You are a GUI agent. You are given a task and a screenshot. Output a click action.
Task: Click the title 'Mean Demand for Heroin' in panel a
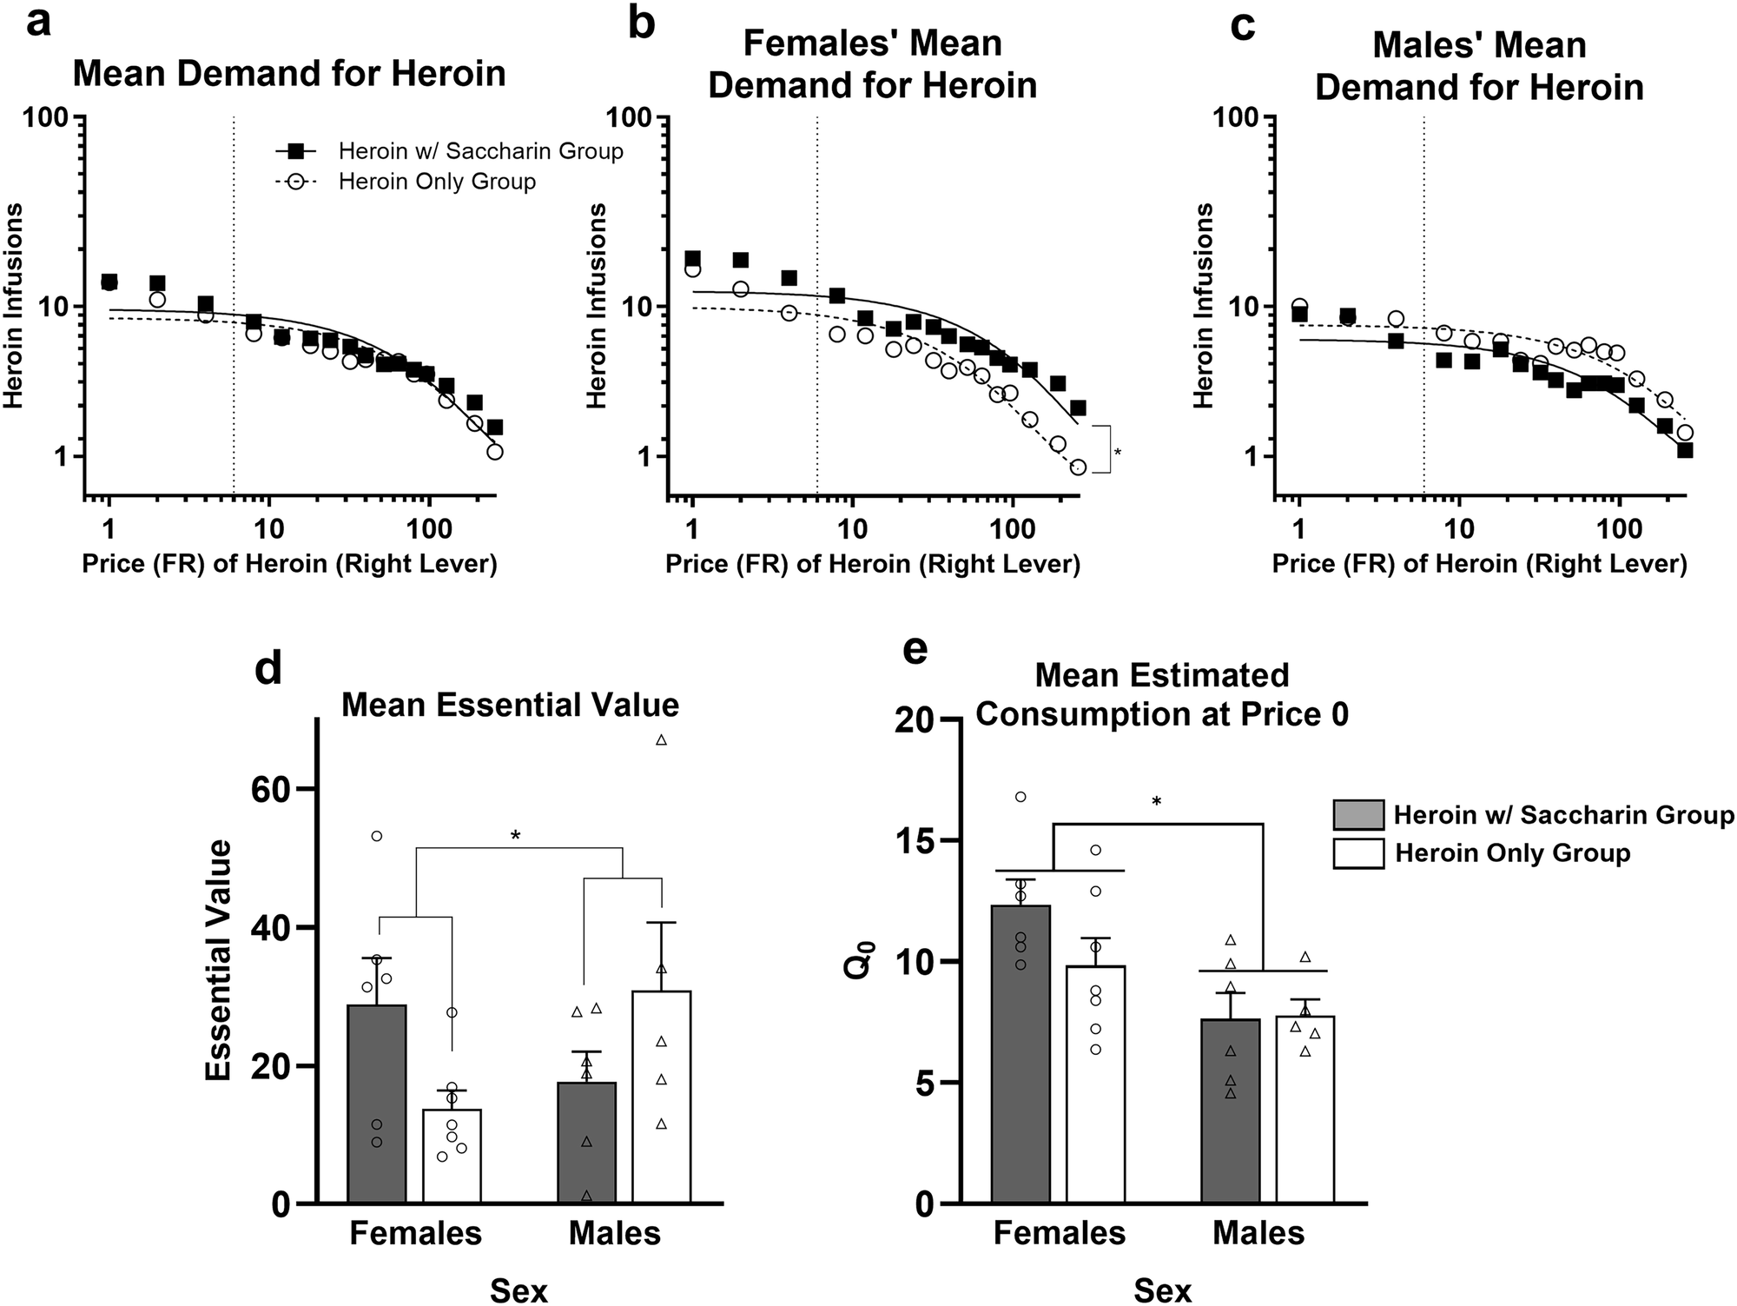289,73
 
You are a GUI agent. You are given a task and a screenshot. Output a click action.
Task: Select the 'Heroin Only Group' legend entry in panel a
437,182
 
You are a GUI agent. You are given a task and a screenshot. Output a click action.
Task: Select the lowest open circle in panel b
1078,467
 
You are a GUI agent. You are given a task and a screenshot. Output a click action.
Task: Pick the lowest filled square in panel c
1685,450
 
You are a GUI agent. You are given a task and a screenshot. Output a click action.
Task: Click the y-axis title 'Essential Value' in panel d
219,959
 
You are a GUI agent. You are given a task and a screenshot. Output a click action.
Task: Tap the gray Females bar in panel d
377,1104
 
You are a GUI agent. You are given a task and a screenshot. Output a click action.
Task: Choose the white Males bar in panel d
662,1097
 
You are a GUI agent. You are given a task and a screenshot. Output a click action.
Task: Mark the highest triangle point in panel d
661,740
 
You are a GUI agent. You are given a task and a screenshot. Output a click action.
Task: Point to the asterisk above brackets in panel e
1157,801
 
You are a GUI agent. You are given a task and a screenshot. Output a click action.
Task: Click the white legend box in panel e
1358,853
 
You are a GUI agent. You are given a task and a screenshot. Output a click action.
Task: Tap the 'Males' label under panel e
1258,1233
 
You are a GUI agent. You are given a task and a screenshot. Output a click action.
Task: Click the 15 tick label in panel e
917,840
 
